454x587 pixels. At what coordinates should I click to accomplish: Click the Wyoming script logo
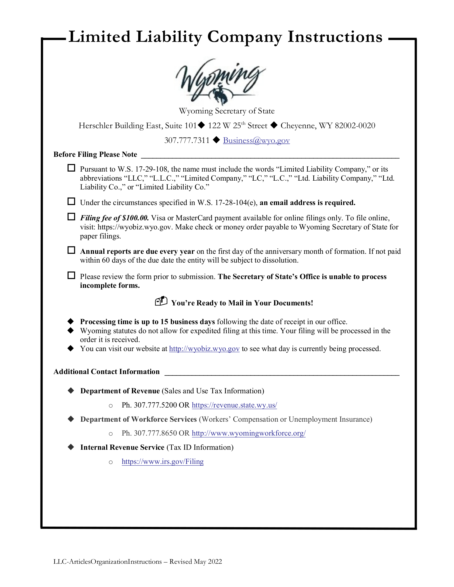click(220, 81)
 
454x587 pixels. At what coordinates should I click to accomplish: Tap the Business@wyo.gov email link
click(256, 140)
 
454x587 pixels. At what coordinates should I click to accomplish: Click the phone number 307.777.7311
click(187, 140)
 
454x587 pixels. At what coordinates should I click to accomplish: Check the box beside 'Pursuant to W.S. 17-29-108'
click(71, 168)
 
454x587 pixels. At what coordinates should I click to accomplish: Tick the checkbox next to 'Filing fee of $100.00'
click(71, 217)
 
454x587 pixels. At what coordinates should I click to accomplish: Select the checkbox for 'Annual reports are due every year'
click(71, 250)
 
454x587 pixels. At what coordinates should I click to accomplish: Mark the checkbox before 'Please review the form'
click(71, 275)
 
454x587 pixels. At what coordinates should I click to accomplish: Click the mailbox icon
click(161, 301)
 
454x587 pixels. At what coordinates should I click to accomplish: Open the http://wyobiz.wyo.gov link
click(204, 349)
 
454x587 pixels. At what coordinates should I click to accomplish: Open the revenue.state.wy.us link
click(234, 405)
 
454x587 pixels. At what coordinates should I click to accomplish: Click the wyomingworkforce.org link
click(249, 433)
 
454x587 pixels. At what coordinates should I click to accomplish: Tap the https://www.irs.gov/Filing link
click(163, 462)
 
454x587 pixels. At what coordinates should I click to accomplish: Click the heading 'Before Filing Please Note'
click(95, 155)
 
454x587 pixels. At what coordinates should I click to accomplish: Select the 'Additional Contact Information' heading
click(107, 372)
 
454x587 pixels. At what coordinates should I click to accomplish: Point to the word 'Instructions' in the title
click(335, 37)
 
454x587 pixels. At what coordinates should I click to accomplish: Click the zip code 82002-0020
click(355, 126)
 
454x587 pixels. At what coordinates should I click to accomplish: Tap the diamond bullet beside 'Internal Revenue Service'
click(71, 447)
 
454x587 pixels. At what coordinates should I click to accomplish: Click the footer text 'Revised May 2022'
click(196, 562)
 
